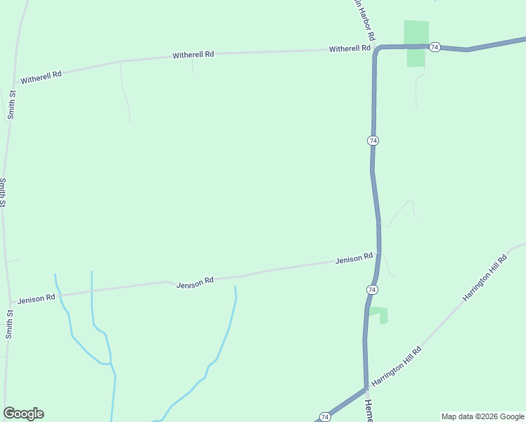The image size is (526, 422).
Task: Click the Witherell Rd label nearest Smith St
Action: [41, 77]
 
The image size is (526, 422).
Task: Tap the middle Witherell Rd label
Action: [193, 55]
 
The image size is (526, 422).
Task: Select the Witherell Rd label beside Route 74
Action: [349, 49]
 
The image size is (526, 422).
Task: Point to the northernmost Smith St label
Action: [11, 104]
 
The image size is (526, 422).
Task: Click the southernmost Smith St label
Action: [9, 324]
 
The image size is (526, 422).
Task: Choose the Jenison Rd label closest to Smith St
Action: [37, 298]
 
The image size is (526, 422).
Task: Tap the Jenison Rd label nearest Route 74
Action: [354, 259]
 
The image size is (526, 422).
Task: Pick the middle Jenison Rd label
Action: [195, 283]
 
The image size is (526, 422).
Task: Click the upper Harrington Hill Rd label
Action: [485, 279]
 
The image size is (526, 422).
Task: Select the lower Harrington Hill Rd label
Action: [397, 366]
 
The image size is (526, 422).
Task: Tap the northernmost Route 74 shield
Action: [435, 47]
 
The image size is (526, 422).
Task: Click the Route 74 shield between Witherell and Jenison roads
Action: [373, 141]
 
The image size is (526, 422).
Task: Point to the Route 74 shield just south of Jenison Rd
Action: [372, 290]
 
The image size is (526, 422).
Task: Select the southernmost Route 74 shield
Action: [324, 417]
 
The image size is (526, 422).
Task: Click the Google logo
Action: [23, 414]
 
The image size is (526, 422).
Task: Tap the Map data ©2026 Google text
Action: [482, 416]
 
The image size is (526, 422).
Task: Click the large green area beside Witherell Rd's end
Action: [416, 42]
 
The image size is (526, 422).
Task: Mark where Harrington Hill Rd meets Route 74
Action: [366, 388]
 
